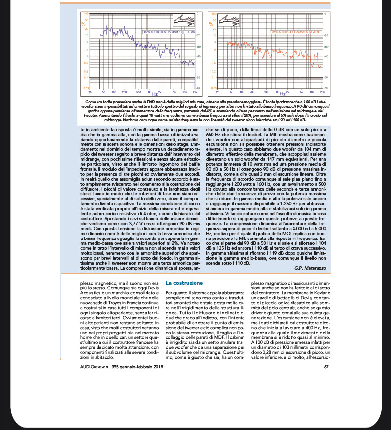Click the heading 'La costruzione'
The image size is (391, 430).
tap(184, 283)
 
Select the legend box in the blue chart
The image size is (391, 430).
tap(168, 31)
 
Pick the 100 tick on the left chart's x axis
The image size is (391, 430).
tap(114, 92)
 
